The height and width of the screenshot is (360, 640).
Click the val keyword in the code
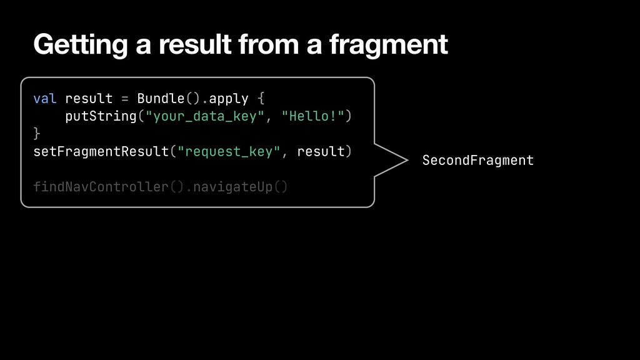point(45,99)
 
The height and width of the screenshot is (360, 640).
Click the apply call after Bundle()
point(229,99)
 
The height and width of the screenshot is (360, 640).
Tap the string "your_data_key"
point(201,116)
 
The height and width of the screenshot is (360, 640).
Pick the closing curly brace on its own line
point(37,134)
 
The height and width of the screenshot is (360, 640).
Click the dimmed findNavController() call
point(109,187)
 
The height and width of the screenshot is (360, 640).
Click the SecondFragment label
point(478,161)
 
